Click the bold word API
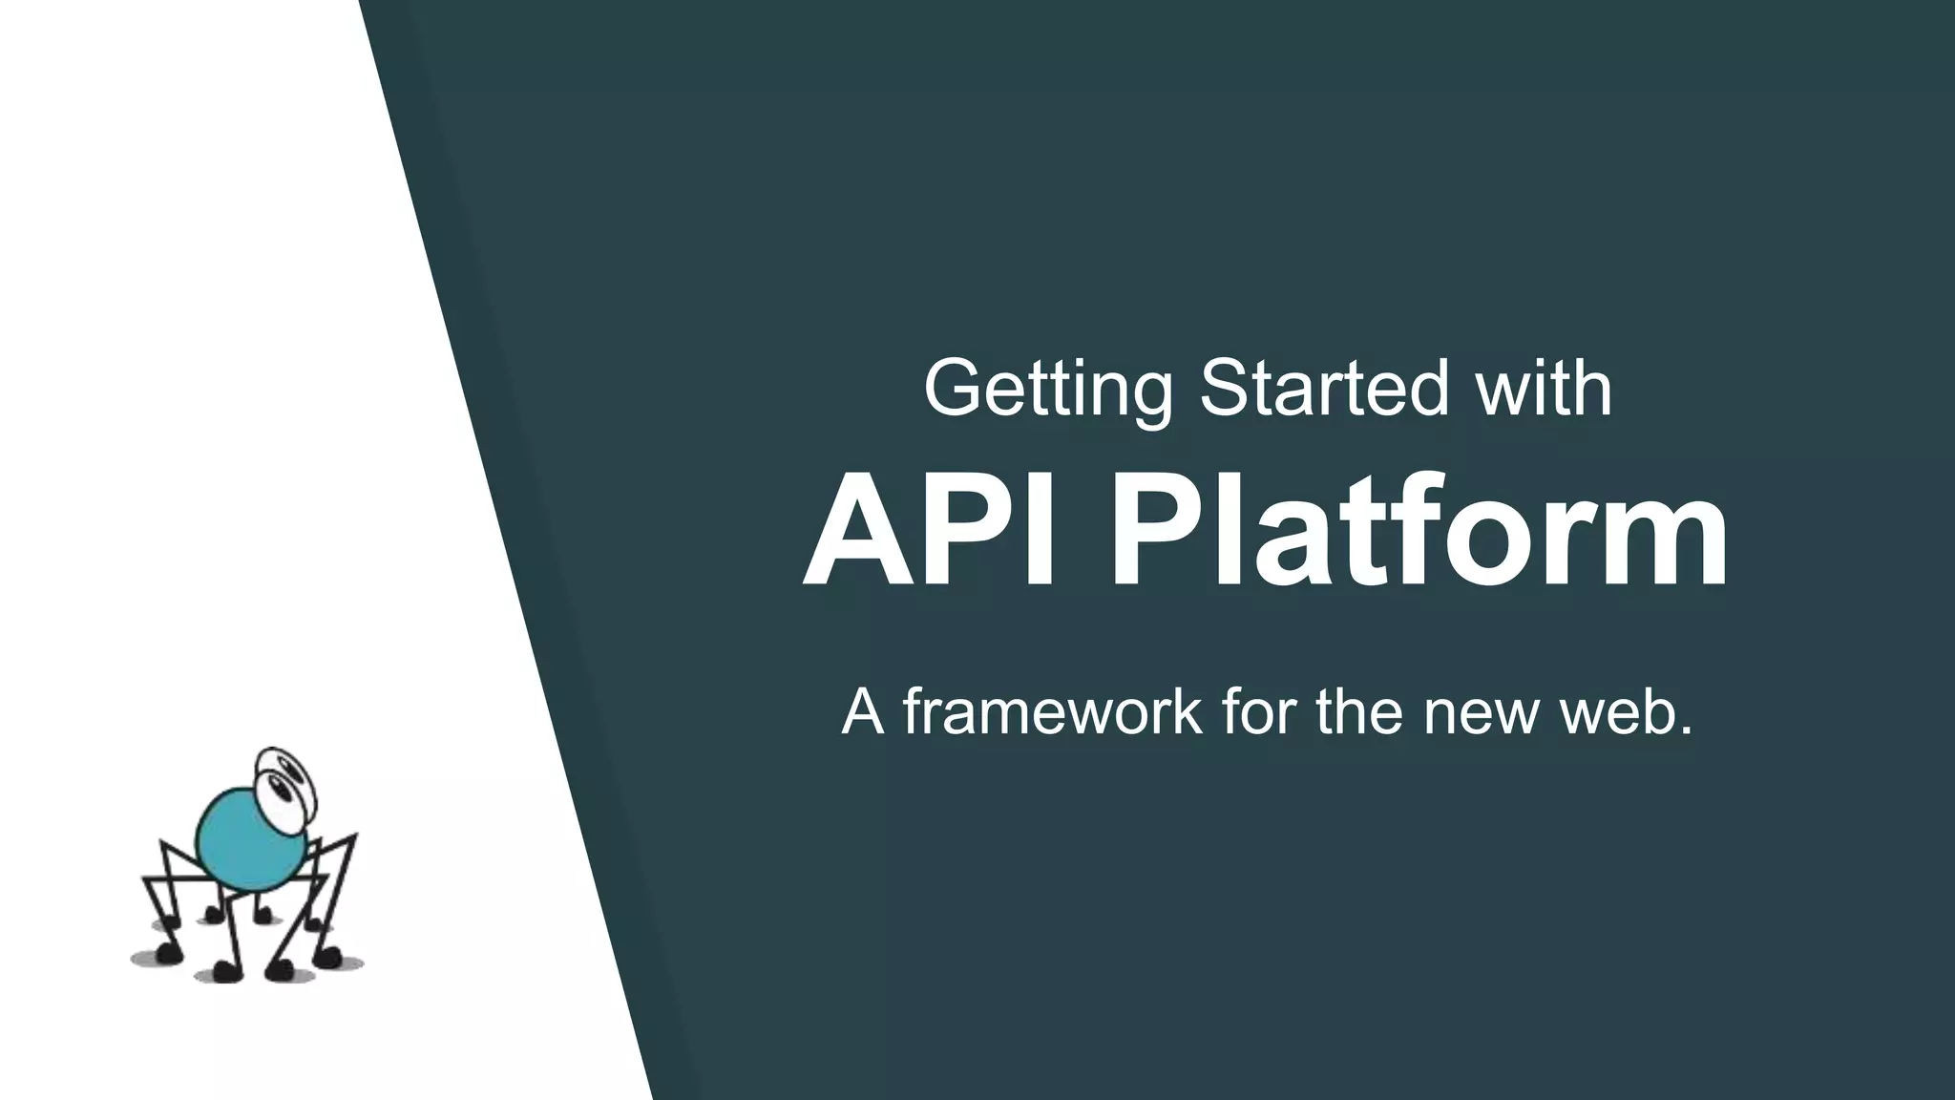(x=930, y=532)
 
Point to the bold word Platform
(x=1417, y=532)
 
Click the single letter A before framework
(x=862, y=711)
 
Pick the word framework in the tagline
(x=1052, y=711)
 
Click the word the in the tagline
(x=1360, y=711)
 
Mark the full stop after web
(x=1685, y=731)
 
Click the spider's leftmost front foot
(x=169, y=953)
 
